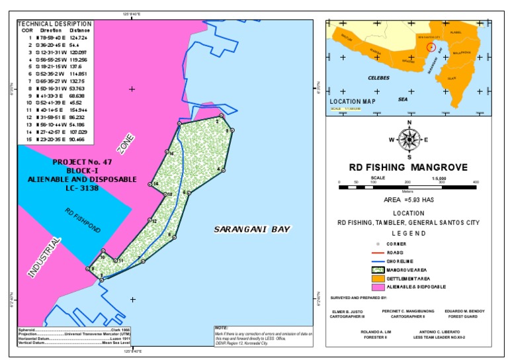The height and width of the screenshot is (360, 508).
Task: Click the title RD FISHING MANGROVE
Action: point(408,167)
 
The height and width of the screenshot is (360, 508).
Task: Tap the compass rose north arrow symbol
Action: point(409,139)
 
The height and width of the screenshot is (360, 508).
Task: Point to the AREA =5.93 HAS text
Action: point(408,199)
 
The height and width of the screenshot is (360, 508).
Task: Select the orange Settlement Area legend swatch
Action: point(380,278)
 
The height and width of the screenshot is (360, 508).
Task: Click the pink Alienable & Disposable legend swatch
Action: point(380,287)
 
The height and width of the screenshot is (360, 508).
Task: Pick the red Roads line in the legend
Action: point(380,253)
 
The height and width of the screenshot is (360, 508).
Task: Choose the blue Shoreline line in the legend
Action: point(380,261)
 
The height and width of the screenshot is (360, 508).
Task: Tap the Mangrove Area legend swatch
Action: point(380,269)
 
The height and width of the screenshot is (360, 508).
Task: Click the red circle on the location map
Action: point(431,47)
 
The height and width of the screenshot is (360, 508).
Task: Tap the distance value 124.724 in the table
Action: point(78,37)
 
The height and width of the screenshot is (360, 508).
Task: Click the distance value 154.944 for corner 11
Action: point(78,110)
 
